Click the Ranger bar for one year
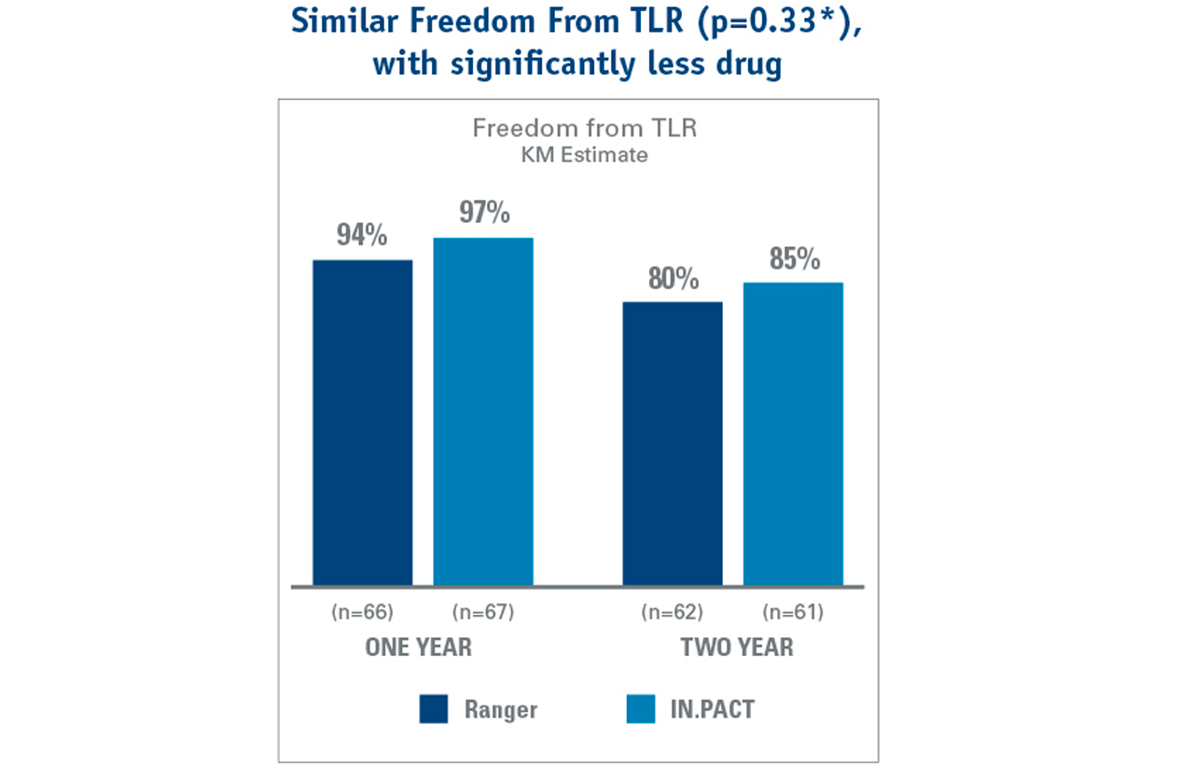tap(362, 422)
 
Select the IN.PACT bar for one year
tap(483, 411)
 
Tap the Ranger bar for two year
tap(673, 443)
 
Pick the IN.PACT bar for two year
tap(793, 434)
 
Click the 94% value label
tap(362, 236)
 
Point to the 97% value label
tap(484, 214)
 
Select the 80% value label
tap(673, 279)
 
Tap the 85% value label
tap(795, 259)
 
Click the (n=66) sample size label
tap(362, 613)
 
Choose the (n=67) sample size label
tap(483, 613)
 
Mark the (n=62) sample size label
tap(672, 613)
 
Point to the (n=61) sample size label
tap(793, 613)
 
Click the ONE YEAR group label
tap(418, 648)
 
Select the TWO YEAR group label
tap(737, 648)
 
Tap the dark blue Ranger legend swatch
tap(434, 709)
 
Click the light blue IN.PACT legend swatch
tap(639, 709)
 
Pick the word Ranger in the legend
tap(501, 709)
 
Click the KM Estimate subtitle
tap(584, 155)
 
